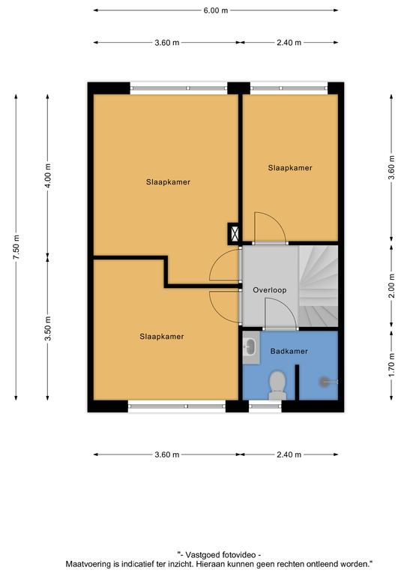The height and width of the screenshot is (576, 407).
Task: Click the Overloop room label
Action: tap(269, 290)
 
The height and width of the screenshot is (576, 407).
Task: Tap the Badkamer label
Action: tap(289, 351)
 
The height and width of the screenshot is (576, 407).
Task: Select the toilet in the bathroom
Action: tap(277, 385)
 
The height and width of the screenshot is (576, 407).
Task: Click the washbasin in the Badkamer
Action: tap(251, 347)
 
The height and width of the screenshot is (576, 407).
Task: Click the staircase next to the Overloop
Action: tap(319, 286)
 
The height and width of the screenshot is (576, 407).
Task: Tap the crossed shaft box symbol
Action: tap(234, 234)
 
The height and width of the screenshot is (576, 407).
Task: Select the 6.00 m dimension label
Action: tap(216, 10)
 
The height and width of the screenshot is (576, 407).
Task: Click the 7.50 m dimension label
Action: tap(16, 247)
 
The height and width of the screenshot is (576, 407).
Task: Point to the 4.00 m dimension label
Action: tap(48, 175)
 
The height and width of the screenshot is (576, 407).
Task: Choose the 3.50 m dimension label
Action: tap(48, 328)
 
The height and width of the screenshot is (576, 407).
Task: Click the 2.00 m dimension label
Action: tap(391, 286)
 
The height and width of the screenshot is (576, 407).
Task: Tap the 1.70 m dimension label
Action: tap(391, 364)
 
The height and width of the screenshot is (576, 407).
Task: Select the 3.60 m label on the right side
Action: tap(391, 167)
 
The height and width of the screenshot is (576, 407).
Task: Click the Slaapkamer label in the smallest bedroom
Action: tap(290, 168)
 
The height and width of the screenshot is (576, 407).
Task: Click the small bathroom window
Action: tap(265, 406)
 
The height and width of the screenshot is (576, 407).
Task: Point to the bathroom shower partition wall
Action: tap(297, 382)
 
